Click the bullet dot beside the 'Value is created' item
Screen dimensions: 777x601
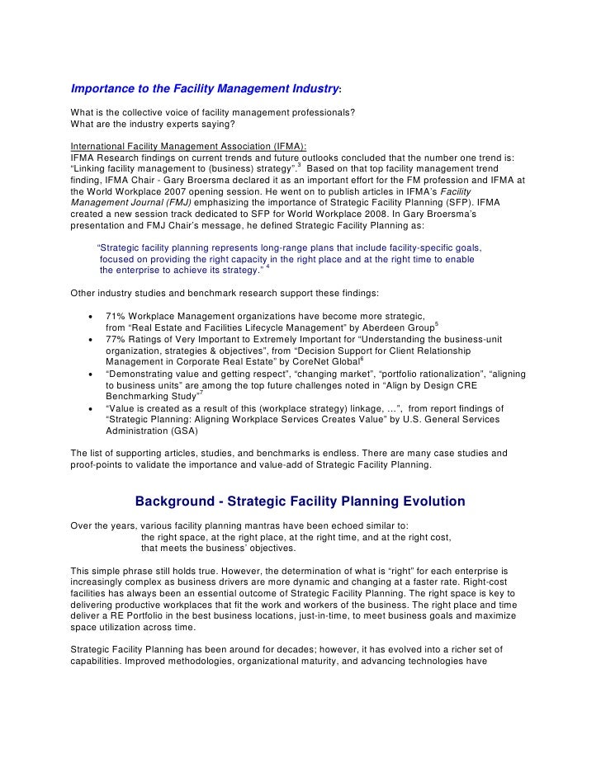(x=89, y=407)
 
